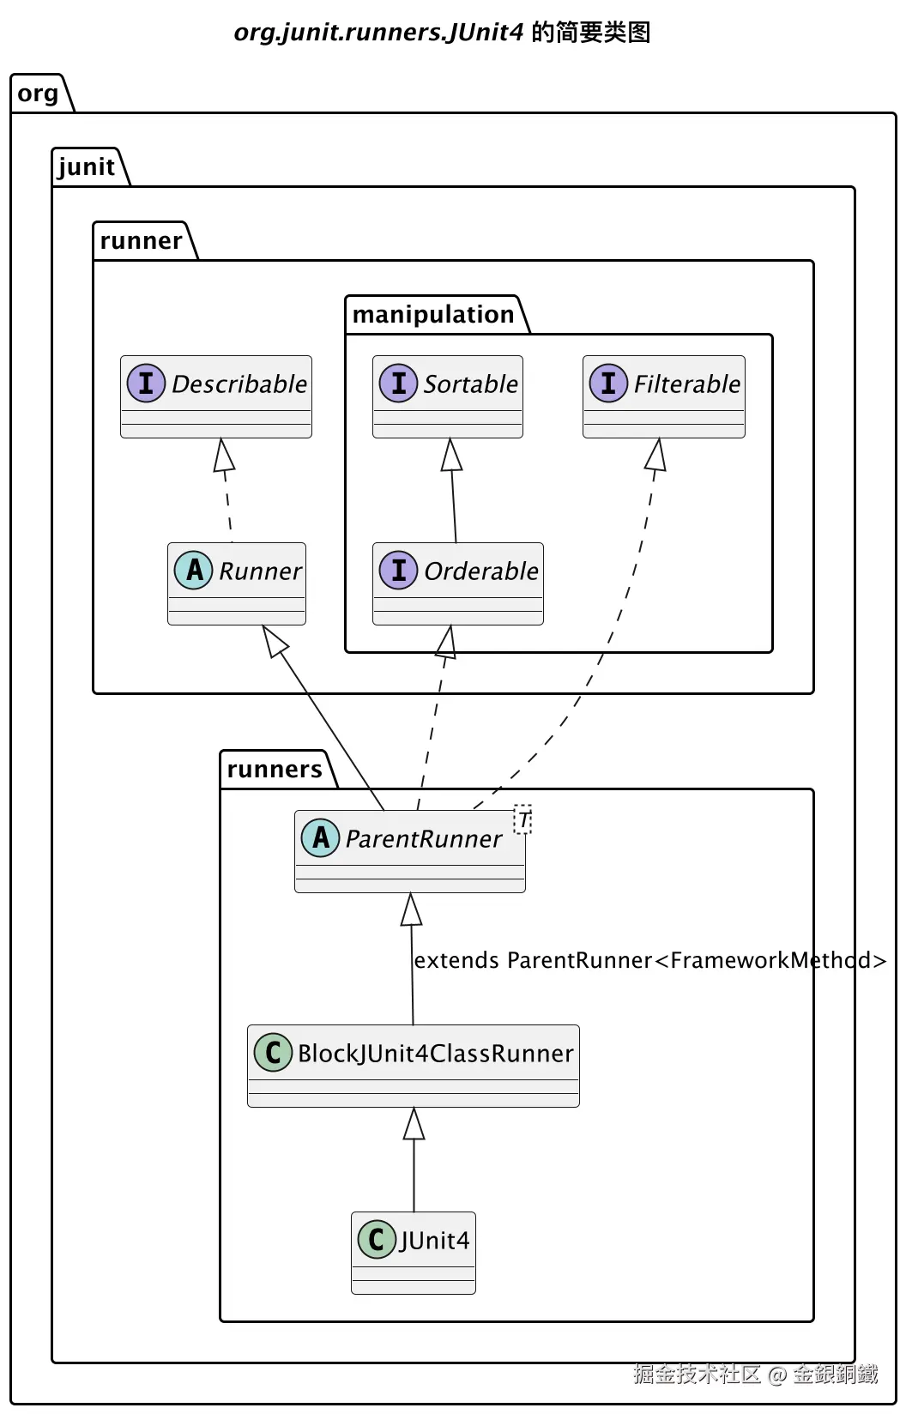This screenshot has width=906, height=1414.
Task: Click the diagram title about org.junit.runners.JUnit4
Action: click(x=442, y=32)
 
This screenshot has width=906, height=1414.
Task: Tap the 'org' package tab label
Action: click(x=38, y=94)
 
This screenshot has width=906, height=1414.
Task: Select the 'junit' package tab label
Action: click(x=87, y=166)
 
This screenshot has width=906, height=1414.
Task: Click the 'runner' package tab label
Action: click(x=141, y=240)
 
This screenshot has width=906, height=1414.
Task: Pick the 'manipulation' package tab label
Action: click(x=433, y=314)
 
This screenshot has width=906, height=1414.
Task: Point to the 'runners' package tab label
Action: click(x=275, y=769)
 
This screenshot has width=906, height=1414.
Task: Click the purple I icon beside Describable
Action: click(x=146, y=384)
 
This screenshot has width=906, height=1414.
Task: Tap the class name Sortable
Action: click(x=470, y=384)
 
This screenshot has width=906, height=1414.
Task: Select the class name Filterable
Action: click(x=687, y=384)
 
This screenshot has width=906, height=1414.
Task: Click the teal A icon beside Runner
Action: click(x=194, y=570)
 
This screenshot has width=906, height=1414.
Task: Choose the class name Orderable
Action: click(x=481, y=571)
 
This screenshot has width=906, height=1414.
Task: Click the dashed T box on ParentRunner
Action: click(x=522, y=819)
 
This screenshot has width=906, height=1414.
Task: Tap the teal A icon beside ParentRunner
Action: click(x=321, y=837)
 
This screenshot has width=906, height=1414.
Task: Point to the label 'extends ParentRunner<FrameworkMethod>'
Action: click(x=650, y=960)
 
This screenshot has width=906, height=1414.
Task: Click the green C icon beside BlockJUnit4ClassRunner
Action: click(x=273, y=1052)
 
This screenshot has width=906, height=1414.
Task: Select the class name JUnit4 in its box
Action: click(x=434, y=1241)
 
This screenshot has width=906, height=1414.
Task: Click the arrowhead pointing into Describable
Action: click(x=223, y=455)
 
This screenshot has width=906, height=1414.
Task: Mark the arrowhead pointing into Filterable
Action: click(x=656, y=454)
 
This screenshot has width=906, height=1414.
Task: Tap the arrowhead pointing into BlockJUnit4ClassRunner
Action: click(x=414, y=1124)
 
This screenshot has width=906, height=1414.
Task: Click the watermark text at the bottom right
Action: click(x=756, y=1374)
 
